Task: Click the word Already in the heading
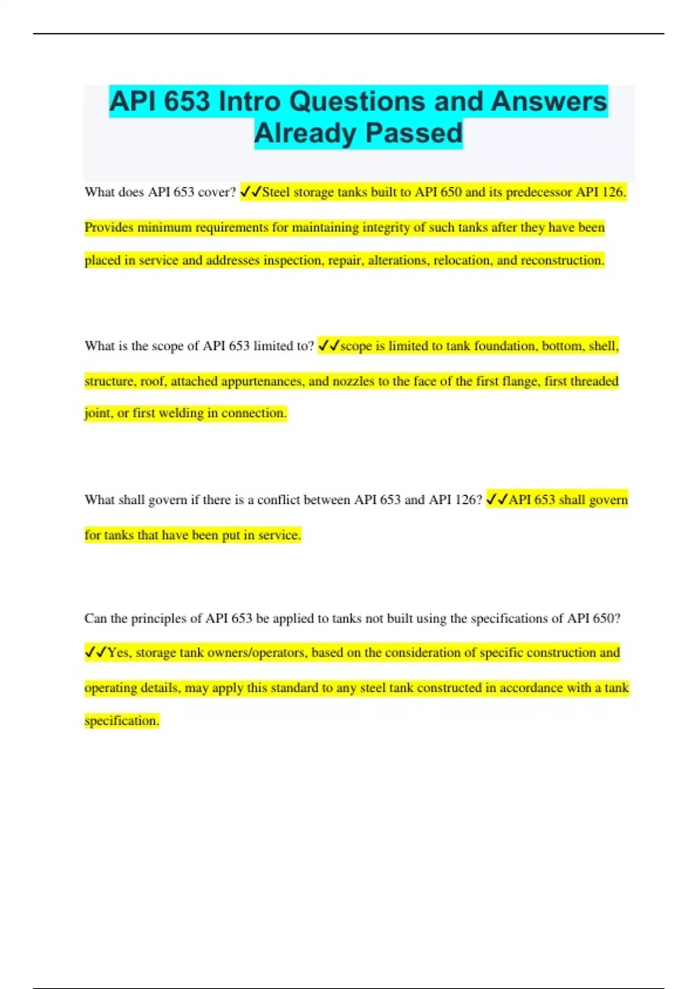pyautogui.click(x=305, y=133)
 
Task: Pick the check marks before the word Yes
pyautogui.click(x=95, y=652)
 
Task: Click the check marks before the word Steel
pyautogui.click(x=251, y=192)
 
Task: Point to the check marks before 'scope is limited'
pyautogui.click(x=329, y=346)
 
